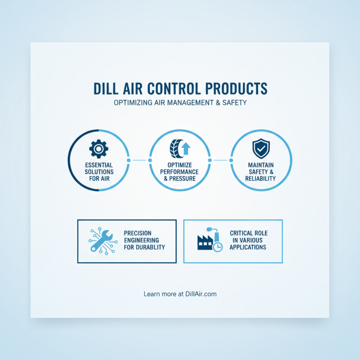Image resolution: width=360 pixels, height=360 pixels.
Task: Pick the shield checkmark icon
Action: tap(261, 148)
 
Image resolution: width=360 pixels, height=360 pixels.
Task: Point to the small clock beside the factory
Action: tap(218, 247)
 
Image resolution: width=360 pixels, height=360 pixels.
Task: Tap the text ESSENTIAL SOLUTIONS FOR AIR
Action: tap(99, 172)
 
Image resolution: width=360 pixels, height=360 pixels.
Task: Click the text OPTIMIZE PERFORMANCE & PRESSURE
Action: tap(180, 172)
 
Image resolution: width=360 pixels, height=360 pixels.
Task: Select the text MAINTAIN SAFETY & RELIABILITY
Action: tap(261, 172)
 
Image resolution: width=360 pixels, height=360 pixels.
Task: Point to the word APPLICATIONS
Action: tap(247, 247)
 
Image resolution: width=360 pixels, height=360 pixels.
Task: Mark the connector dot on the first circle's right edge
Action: tap(129, 160)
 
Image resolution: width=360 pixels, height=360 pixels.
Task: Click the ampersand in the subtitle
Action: tap(218, 103)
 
